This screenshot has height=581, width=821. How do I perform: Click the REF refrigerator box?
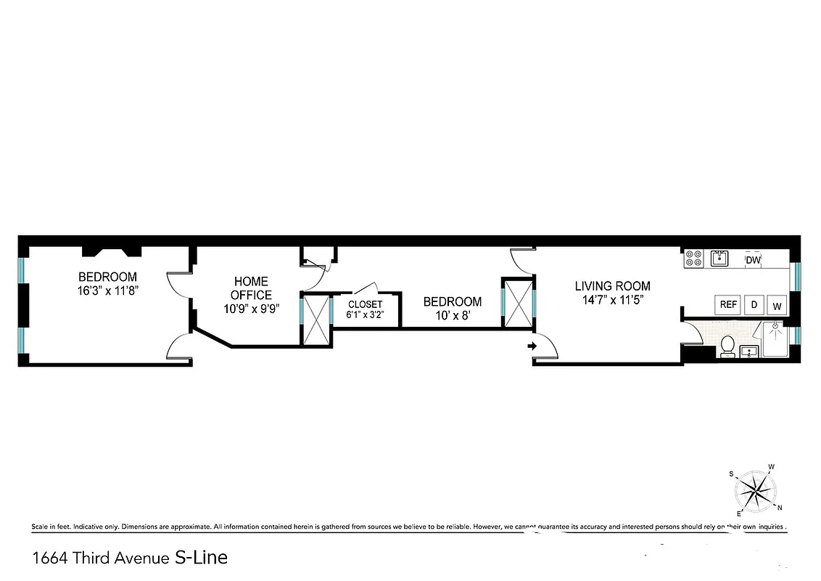728,305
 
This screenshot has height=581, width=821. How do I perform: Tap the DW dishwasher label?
753,259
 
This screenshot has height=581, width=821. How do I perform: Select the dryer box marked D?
754,305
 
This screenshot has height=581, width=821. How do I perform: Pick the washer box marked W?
777,306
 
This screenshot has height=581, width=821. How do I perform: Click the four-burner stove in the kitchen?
693,259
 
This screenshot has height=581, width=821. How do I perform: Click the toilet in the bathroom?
727,346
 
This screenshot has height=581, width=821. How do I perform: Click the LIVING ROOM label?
612,286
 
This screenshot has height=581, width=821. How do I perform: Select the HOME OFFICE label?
251,288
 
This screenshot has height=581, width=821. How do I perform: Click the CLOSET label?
366,304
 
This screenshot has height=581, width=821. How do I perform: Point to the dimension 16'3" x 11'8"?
107,290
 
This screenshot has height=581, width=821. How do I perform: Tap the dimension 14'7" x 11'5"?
612,298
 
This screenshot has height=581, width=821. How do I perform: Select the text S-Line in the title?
201,557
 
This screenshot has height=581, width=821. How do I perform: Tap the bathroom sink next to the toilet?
748,352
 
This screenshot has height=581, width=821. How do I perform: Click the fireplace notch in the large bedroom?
110,251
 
